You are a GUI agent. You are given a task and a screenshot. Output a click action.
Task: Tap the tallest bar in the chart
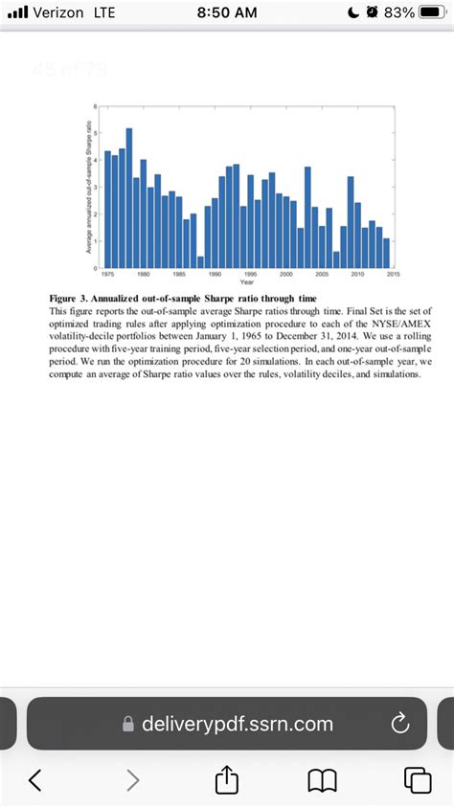pos(129,196)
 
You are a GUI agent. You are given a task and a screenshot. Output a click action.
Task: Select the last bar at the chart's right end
pos(386,252)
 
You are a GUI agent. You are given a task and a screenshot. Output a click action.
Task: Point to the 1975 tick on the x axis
pos(108,273)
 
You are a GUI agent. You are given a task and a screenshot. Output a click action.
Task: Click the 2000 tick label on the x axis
pos(286,273)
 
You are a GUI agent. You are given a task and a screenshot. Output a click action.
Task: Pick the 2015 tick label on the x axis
pos(393,273)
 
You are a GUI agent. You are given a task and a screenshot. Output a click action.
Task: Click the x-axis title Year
pos(247,281)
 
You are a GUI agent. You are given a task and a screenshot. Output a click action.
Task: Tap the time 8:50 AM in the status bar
pos(226,12)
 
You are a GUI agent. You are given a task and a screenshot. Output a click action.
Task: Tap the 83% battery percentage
pos(397,12)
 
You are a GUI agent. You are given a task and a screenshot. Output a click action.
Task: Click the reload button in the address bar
pos(399,724)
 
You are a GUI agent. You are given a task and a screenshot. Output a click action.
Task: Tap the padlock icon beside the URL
pos(128,725)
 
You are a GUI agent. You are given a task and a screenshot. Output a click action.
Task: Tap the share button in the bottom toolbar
pos(227,779)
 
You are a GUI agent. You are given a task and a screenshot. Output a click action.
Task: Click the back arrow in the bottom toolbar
pos(35,779)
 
